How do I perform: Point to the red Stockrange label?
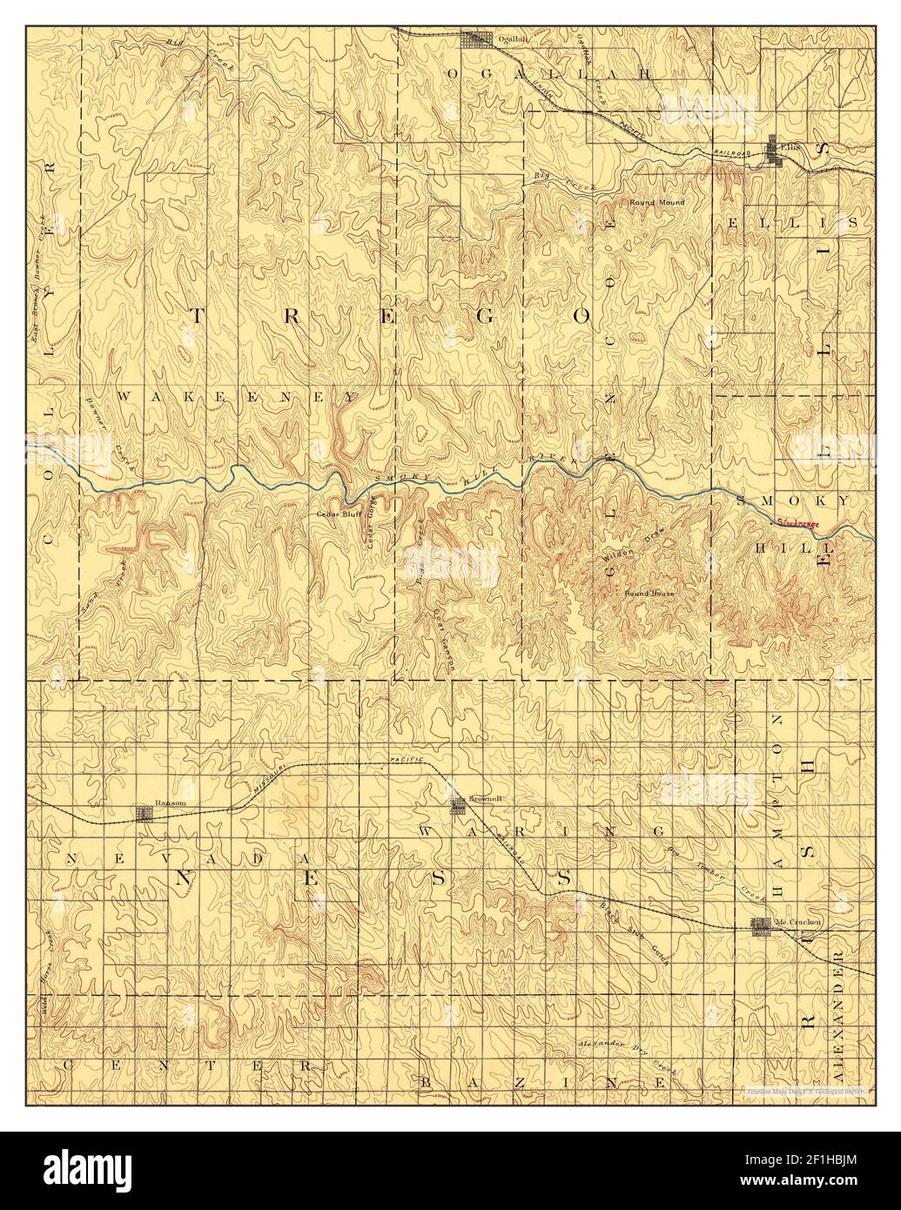798,522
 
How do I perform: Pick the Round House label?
649,593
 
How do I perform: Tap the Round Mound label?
657,203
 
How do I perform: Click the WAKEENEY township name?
236,396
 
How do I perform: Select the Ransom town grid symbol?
145,815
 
